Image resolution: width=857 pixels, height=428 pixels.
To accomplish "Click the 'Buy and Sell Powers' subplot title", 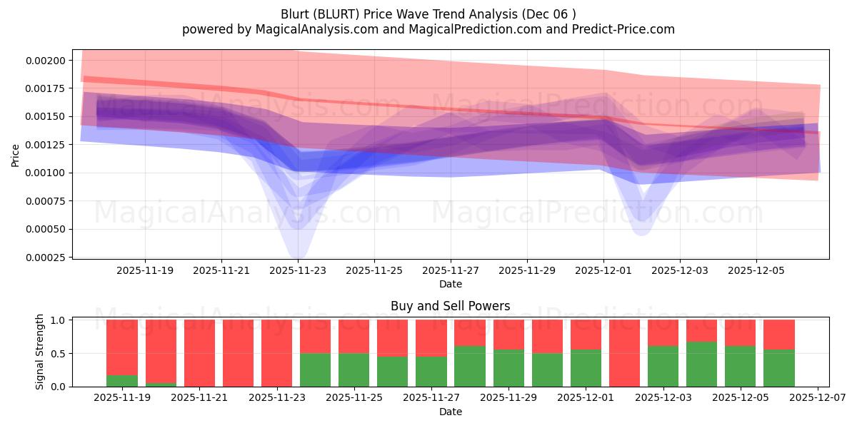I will pos(450,306).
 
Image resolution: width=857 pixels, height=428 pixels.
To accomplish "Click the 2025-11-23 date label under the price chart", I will pos(298,270).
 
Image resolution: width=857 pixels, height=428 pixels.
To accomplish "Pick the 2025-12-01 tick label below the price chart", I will pos(603,270).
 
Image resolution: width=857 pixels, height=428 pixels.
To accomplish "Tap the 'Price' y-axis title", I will pos(16,155).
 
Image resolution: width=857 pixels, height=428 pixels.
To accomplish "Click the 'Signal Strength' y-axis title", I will pos(40,352).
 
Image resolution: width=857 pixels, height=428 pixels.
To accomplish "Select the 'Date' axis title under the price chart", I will pos(450,284).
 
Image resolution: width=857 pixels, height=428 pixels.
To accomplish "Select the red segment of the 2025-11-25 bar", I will pos(354,336).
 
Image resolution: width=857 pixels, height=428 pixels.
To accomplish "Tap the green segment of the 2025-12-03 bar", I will pos(663,366).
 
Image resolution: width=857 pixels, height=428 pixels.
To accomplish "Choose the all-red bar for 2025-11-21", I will pos(199,353).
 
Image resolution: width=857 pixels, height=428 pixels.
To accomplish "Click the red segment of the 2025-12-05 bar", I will pos(740,332).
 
